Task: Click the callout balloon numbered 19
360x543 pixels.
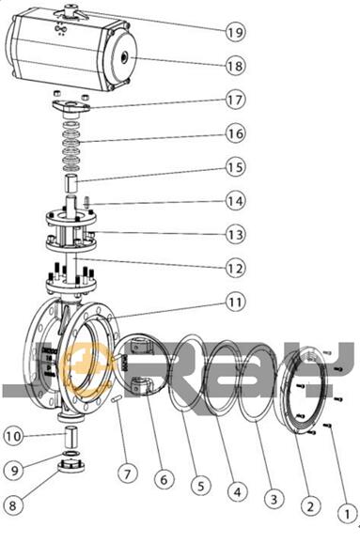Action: coord(236,32)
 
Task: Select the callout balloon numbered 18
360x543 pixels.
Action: coord(236,66)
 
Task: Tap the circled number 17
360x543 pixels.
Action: coord(236,100)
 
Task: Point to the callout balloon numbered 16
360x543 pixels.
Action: coord(236,133)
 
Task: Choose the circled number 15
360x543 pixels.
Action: coord(236,167)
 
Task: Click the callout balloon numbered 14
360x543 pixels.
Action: coord(236,201)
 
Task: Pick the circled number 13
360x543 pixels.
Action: coord(236,235)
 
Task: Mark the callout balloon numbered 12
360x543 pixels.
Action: coord(236,268)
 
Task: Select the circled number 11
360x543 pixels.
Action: coord(236,302)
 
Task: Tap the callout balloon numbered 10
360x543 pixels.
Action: coord(14,436)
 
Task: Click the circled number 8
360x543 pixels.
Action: coord(12,505)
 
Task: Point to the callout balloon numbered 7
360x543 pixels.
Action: coord(128,473)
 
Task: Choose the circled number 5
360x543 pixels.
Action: coord(201,486)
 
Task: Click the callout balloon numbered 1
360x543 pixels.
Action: coord(347,514)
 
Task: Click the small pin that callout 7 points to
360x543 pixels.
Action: coord(117,399)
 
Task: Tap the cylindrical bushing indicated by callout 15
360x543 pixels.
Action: coord(71,183)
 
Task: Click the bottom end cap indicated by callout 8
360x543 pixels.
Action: coord(71,465)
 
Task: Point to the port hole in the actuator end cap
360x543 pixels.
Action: coord(124,55)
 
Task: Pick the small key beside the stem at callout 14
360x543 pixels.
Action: coord(86,202)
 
